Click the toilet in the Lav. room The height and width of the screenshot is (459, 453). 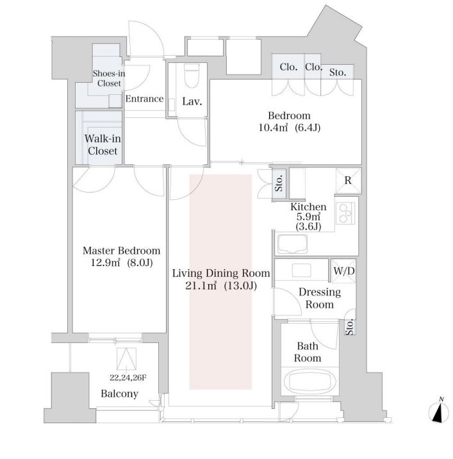192,76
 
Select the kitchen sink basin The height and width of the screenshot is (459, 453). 292,244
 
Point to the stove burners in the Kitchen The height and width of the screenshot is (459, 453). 345,213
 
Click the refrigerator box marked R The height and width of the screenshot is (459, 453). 348,180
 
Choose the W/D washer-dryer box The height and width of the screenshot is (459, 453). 343,271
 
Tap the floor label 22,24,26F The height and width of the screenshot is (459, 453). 128,378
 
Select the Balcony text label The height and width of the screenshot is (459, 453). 119,394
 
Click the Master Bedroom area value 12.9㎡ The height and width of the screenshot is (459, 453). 105,263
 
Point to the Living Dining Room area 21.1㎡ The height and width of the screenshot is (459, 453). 201,285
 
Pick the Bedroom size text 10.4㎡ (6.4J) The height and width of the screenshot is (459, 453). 290,128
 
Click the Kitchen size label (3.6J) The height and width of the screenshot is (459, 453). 308,226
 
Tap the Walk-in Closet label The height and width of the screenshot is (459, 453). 103,145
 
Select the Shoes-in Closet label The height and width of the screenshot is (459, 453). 109,78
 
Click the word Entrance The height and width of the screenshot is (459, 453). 144,99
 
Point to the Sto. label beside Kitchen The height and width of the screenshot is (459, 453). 279,183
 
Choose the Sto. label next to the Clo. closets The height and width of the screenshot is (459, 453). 338,72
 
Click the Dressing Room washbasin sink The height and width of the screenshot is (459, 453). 301,270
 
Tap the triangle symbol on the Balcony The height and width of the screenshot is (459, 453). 126,358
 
